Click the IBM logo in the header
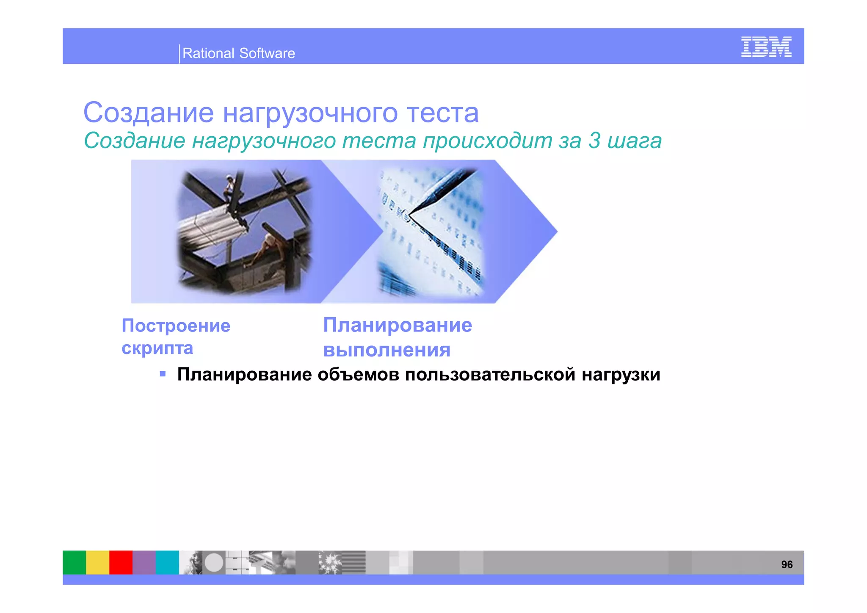coord(766,47)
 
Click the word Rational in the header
coord(208,53)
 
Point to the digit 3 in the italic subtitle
coord(594,141)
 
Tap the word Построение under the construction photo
coord(176,326)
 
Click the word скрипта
coord(157,348)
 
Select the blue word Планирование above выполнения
coord(398,325)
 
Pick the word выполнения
coord(387,350)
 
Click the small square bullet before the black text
coord(163,374)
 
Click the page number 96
coord(787,564)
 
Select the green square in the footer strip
coord(75,562)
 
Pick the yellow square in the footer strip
coord(98,562)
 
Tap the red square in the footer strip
coord(121,562)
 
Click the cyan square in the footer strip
coord(167,562)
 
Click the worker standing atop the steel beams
coord(230,186)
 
